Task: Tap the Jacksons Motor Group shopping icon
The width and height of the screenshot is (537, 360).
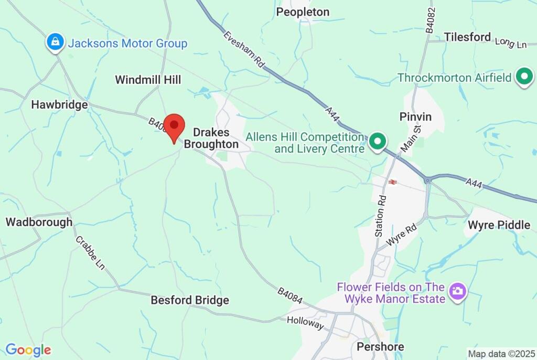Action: coord(55,43)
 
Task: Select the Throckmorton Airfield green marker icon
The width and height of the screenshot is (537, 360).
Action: coord(524,77)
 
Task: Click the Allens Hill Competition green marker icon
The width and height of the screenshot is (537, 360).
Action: coord(378,142)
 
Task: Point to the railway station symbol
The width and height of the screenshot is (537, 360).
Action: coord(392,182)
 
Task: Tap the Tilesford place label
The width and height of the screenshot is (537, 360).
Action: coord(467,37)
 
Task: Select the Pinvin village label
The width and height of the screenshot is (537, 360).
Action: coord(415,117)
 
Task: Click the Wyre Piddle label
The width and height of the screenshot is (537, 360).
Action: coord(499,225)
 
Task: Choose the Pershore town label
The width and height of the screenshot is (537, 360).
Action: coord(380,347)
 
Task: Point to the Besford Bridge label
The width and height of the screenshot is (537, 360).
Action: coord(190,300)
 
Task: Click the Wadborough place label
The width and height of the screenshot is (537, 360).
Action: coord(39,222)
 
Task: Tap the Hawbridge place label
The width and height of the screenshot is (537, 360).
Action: coord(59,105)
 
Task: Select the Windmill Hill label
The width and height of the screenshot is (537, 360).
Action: coord(148,80)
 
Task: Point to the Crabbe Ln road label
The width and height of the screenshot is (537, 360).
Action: coord(90,253)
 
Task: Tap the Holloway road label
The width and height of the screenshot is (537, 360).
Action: coord(306,324)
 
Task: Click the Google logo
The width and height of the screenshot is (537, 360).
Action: coord(28,350)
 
